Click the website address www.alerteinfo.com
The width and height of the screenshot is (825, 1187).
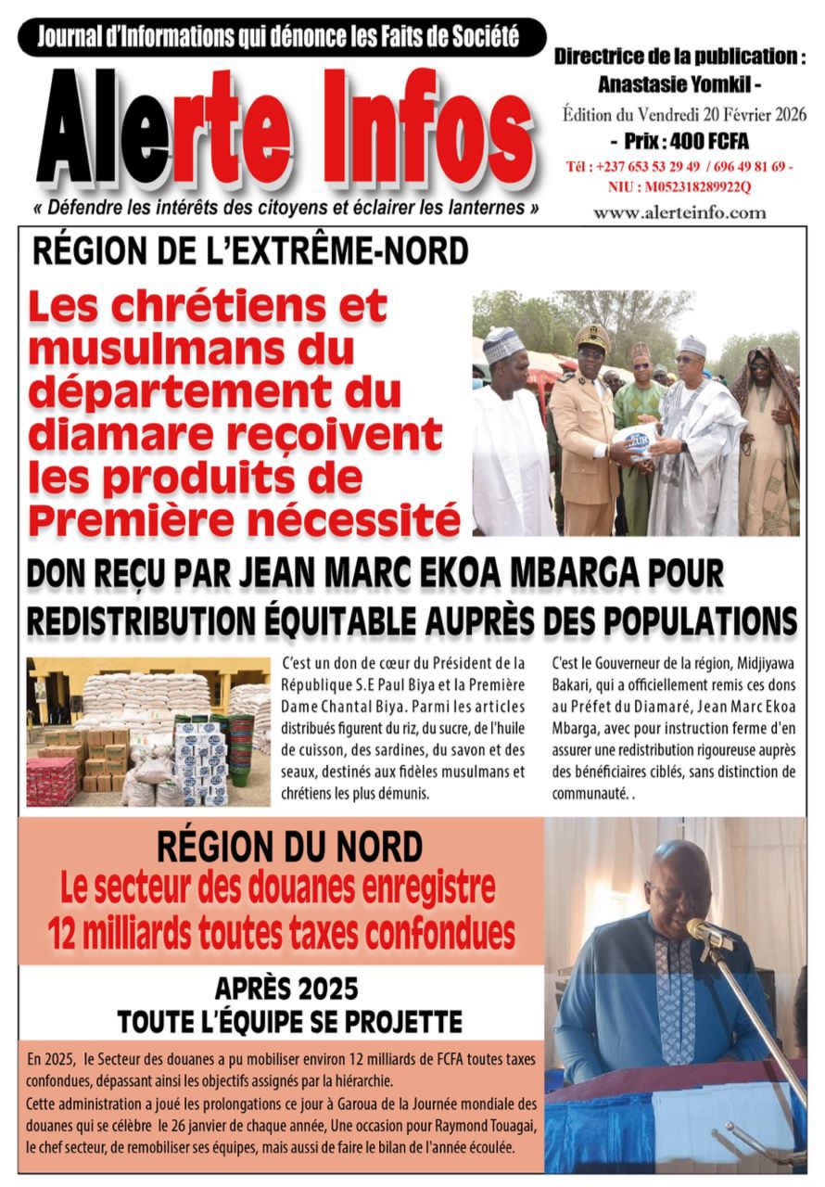click(x=679, y=212)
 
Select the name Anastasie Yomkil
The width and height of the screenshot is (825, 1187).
click(x=666, y=84)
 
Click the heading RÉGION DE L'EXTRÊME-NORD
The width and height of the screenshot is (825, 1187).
click(x=250, y=251)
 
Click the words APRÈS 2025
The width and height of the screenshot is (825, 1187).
click(x=286, y=990)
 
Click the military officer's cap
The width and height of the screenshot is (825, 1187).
click(x=592, y=337)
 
